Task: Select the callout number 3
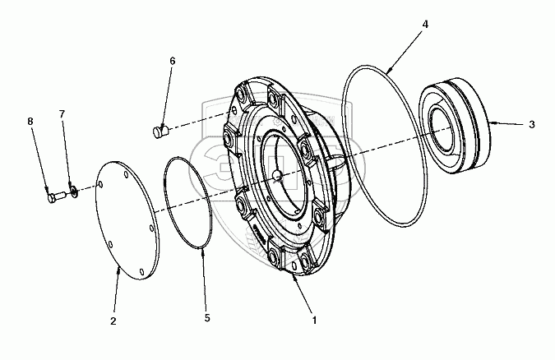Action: click(x=532, y=125)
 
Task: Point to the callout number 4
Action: click(x=425, y=25)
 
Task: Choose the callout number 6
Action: click(x=172, y=62)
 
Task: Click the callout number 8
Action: click(x=30, y=121)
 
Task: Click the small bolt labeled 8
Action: click(x=53, y=197)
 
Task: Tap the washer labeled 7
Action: click(x=73, y=192)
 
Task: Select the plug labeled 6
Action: click(x=160, y=129)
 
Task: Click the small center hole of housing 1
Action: click(x=278, y=174)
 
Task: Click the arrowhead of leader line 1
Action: click(x=293, y=278)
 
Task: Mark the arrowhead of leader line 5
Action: click(x=202, y=253)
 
